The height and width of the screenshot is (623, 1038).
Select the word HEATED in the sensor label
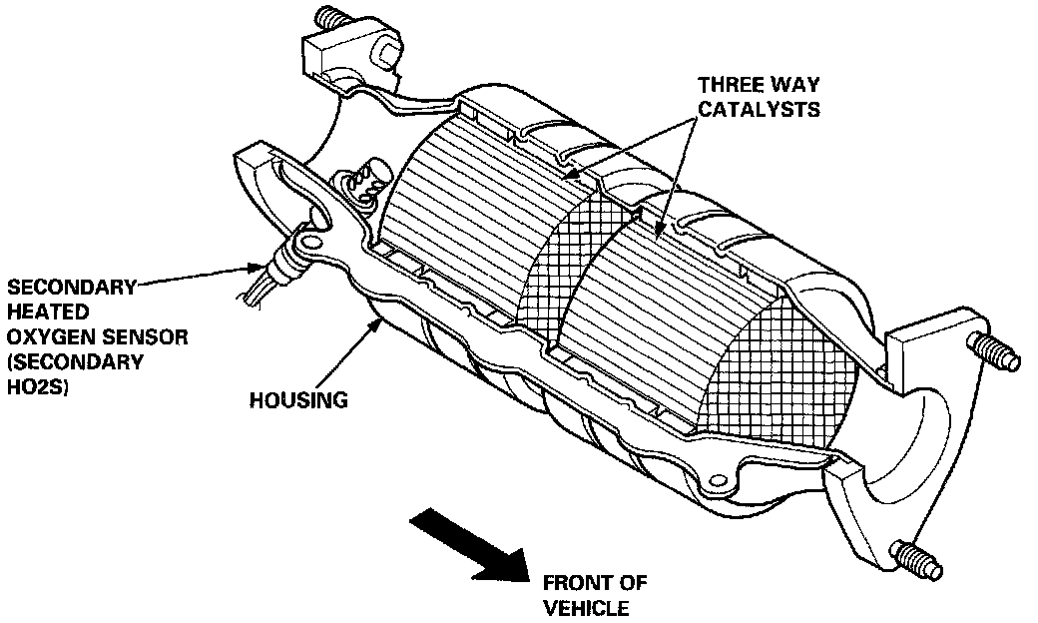(x=38, y=311)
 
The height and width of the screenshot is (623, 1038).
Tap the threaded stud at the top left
(x=331, y=18)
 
